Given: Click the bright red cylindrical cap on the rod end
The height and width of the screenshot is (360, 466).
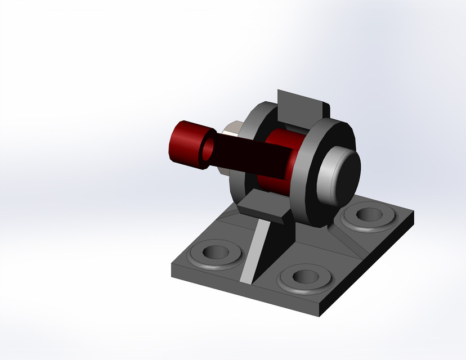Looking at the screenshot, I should tap(185, 143).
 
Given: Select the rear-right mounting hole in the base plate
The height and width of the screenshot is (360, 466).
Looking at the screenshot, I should tap(369, 214).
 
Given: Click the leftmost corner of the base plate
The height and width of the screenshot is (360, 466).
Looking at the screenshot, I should tap(172, 263).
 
